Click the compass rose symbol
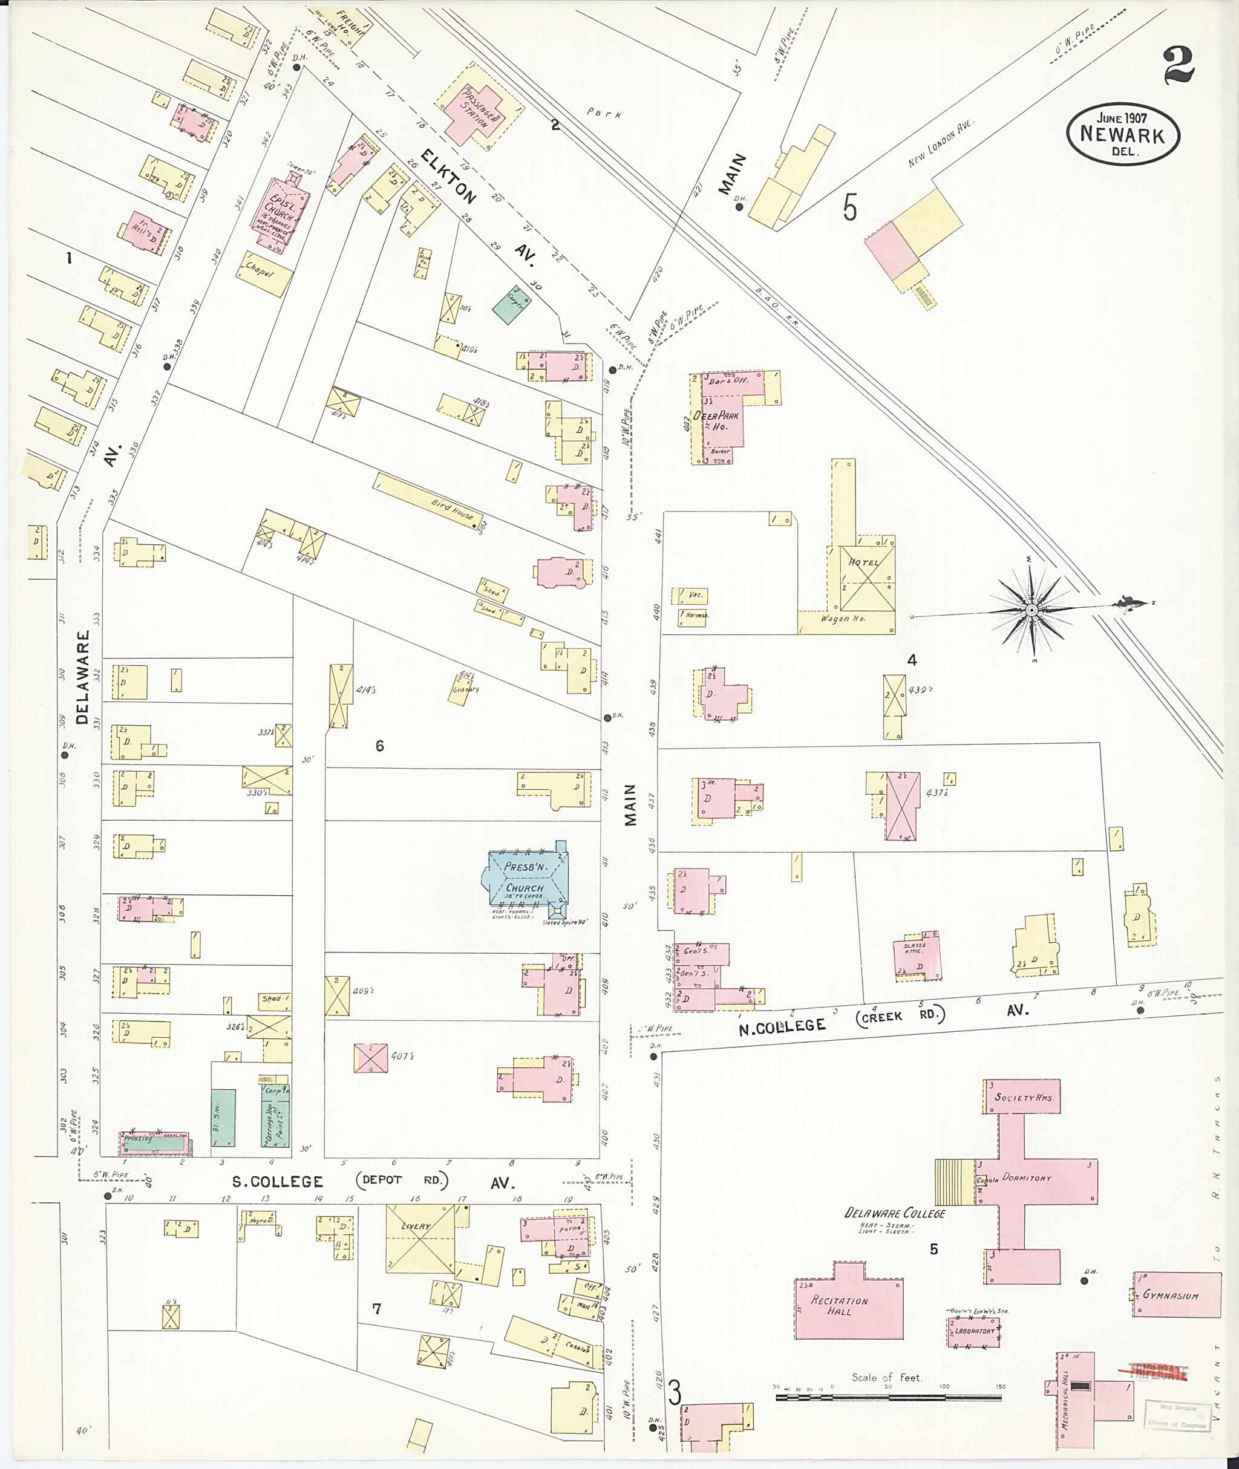pos(1030,610)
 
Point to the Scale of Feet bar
pos(888,1398)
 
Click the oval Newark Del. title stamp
pos(1122,135)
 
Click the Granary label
pos(466,689)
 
